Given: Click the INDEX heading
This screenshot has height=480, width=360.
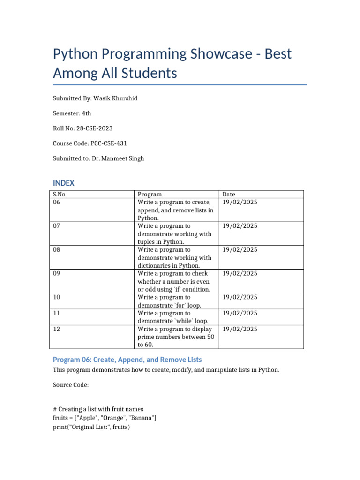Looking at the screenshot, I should coord(64,183).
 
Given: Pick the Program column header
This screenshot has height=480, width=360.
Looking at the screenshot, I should coord(150,194).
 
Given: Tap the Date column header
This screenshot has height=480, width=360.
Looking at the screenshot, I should coord(229,194).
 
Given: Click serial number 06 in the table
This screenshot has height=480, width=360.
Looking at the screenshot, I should coord(57,202).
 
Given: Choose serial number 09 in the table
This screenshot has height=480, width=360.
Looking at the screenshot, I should coord(57,273).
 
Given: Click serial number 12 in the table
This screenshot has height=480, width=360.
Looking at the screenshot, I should coord(57,329).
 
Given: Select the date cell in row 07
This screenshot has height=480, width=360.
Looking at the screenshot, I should coord(240,226).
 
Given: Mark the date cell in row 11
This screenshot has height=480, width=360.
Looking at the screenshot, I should coord(240,313).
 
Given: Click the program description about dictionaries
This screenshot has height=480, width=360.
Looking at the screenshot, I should coord(174,257).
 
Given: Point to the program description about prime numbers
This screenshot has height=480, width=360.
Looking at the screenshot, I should coord(175,337).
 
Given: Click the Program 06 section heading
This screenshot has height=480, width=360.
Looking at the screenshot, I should coord(127,360).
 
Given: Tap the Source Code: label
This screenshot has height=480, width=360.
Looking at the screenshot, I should coord(70,385).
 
